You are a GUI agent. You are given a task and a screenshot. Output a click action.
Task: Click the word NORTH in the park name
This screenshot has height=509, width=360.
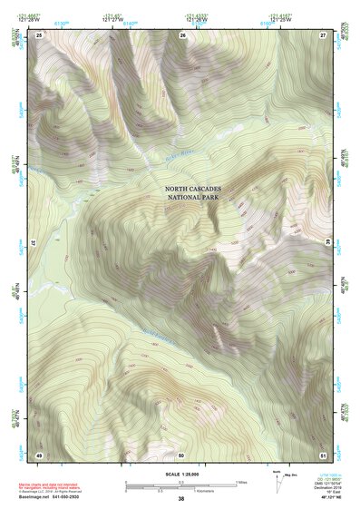177,191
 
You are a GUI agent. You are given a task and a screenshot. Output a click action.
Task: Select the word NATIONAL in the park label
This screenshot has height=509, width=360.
184,200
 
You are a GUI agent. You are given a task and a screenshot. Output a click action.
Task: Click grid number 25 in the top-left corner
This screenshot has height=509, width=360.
39,34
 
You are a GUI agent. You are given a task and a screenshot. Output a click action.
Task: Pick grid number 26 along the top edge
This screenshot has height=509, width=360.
182,34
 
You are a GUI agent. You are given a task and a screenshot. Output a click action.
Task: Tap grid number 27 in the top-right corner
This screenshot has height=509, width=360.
323,34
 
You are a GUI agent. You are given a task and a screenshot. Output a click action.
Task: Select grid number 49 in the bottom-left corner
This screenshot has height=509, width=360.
39,454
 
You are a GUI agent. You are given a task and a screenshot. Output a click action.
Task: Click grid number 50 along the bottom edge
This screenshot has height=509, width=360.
181,454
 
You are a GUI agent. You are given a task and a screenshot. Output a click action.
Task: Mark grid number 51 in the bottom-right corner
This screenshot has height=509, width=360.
323,454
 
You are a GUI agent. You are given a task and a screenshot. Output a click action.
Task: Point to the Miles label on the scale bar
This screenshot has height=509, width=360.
242,482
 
